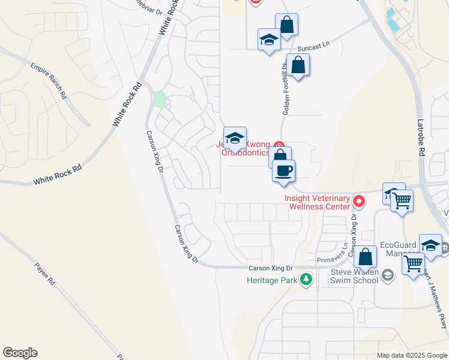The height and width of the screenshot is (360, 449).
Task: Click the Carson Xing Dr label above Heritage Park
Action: point(271,268)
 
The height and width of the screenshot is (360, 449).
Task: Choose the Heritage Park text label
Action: point(271,280)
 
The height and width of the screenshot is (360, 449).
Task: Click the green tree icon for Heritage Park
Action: point(306,280)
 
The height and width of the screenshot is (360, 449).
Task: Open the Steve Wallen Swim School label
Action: point(355,276)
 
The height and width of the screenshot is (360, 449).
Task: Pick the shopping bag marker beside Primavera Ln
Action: point(365,257)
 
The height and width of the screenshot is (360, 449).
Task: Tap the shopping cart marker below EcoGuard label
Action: point(414,263)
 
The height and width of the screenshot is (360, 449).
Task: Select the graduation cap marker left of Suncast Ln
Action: point(269,40)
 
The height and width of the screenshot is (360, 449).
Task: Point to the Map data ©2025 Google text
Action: point(412,355)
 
